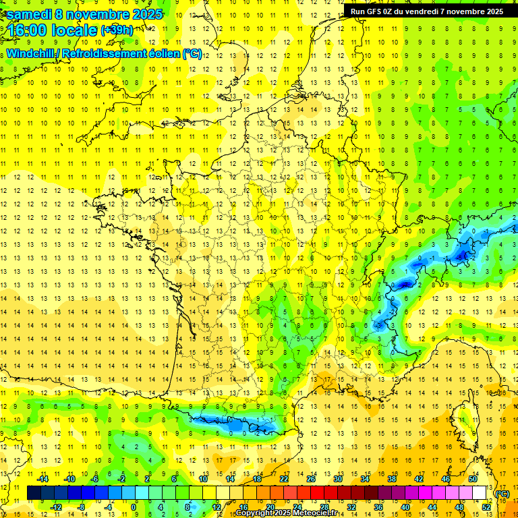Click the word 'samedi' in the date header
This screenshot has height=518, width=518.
tap(29, 13)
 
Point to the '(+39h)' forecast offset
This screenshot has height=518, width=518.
tap(117, 30)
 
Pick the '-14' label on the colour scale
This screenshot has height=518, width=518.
tap(44, 479)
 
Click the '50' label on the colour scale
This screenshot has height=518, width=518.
tap(473, 479)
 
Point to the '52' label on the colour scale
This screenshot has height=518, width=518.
tap(486, 507)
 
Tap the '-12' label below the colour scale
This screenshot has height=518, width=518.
tap(57, 507)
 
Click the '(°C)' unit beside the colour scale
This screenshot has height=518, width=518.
tap(502, 494)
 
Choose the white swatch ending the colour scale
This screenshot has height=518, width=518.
tap(480, 493)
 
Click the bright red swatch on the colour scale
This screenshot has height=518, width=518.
tap(318, 493)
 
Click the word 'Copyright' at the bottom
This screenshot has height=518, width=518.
tap(256, 513)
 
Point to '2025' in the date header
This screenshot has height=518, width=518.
tap(143, 13)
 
